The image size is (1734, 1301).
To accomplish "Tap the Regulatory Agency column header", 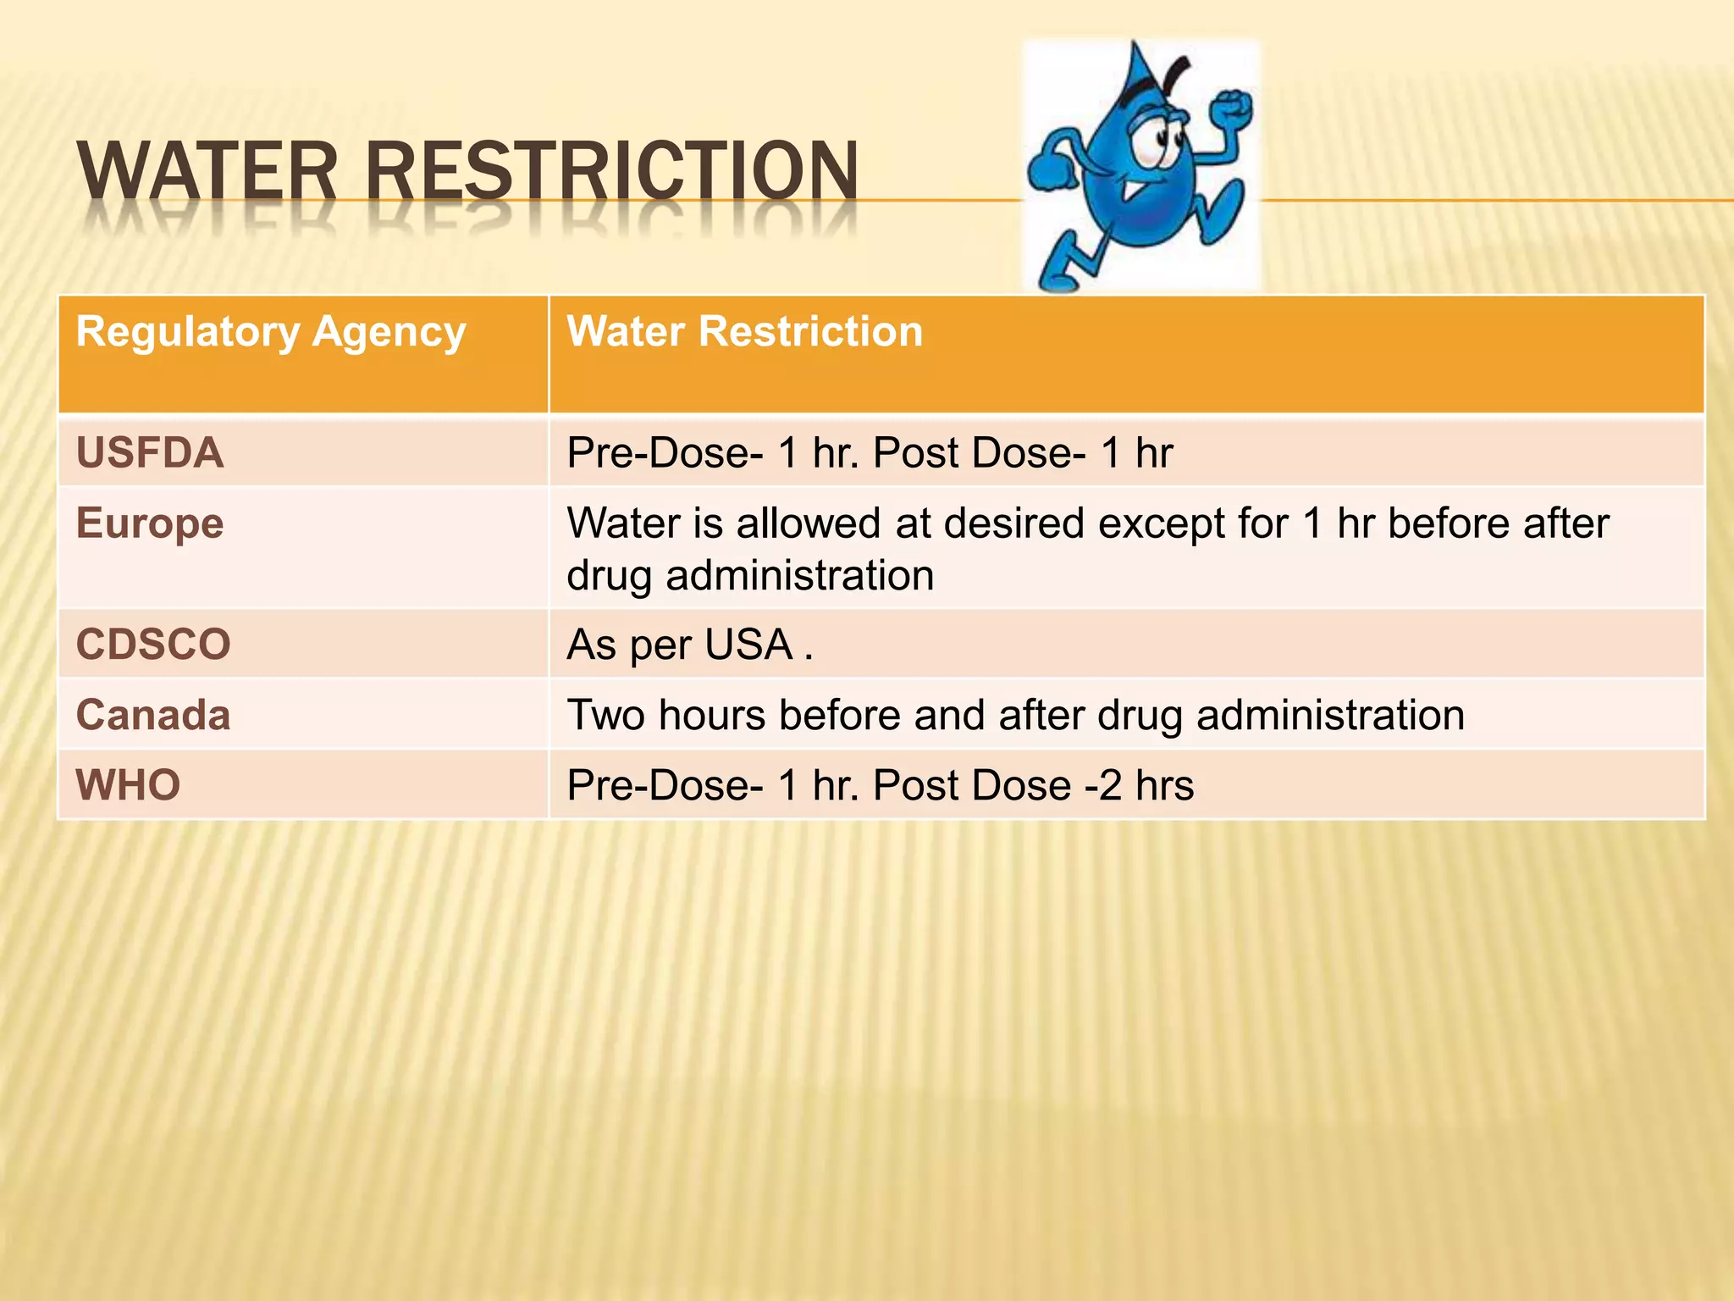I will pyautogui.click(x=271, y=331).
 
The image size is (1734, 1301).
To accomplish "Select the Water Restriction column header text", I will pyautogui.click(x=744, y=331).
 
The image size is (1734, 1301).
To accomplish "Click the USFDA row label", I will pyautogui.click(x=150, y=452).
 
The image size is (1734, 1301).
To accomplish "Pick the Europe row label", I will pyautogui.click(x=150, y=523).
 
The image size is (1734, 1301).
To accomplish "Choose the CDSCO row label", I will pyautogui.click(x=153, y=645).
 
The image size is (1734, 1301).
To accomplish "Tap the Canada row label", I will pyautogui.click(x=153, y=715).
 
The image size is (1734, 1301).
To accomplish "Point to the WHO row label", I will pyautogui.click(x=128, y=785).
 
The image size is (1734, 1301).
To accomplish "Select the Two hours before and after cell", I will pyautogui.click(x=1015, y=715).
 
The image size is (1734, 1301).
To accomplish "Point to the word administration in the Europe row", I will pyautogui.click(x=799, y=576).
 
